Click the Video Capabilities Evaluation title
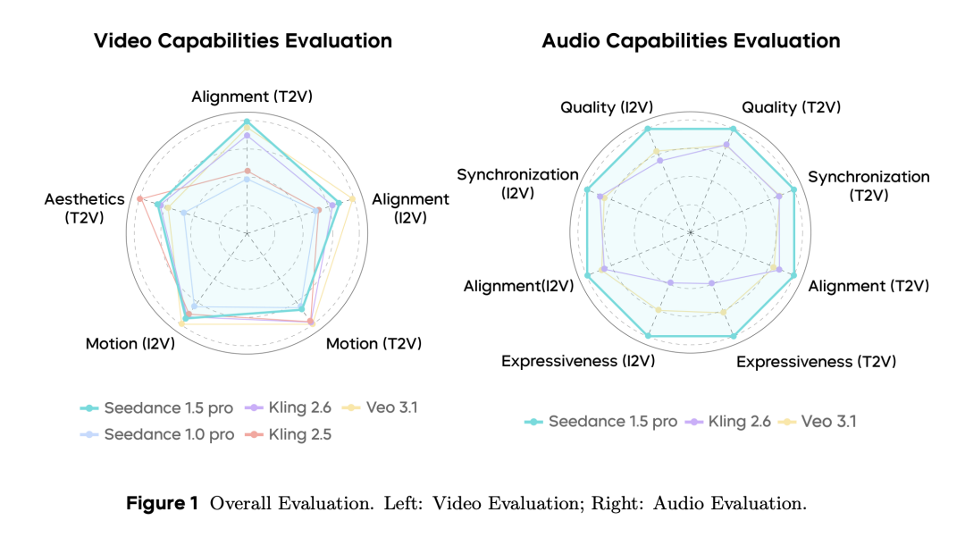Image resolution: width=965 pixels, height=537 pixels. point(242,41)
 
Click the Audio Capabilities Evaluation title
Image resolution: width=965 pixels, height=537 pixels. point(691,41)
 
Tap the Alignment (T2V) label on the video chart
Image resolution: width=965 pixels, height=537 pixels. point(252,96)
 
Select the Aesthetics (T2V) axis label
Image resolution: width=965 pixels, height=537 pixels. point(84,208)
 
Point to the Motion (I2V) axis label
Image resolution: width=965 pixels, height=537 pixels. point(130,343)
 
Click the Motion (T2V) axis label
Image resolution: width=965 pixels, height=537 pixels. point(373,343)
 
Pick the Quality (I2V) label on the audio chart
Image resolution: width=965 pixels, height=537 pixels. point(606,107)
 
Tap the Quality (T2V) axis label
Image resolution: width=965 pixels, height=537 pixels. point(791,107)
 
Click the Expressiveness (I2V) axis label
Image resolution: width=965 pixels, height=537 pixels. point(578,361)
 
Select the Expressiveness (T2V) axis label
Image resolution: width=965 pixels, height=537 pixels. point(816,362)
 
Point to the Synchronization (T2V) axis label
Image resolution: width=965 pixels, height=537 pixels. point(868,186)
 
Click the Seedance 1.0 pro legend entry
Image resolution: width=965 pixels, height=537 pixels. point(157,434)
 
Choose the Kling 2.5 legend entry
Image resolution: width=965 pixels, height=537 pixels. point(288,434)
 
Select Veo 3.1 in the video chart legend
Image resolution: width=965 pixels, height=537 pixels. point(380,407)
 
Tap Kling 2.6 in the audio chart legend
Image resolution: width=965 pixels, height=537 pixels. point(728,422)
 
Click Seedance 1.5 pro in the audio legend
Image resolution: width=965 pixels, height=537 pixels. point(600,422)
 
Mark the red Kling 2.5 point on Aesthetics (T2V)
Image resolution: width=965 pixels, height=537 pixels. point(140,198)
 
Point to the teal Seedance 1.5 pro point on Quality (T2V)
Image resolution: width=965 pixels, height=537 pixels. point(733,130)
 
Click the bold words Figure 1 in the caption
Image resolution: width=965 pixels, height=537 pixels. point(163,503)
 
